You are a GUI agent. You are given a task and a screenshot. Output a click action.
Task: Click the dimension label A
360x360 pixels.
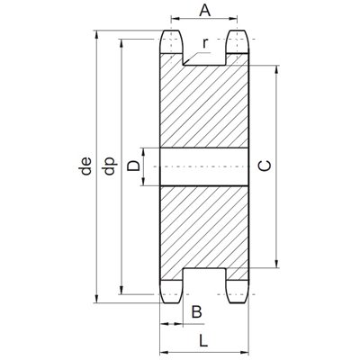205,11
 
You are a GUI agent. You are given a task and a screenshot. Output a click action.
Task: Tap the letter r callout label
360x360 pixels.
205,43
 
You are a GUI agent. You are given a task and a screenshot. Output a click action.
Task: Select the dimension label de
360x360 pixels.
85,166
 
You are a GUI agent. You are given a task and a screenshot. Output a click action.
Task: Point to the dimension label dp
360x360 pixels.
110,166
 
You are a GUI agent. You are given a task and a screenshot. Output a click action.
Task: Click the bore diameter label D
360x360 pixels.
133,166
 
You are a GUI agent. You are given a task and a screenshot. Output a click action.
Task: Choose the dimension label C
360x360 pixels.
265,166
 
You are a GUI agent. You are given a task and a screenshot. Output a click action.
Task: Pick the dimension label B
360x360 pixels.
197,312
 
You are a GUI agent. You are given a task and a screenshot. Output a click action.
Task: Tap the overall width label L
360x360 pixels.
203,341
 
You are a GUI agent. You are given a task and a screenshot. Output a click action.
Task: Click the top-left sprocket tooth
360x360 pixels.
172,41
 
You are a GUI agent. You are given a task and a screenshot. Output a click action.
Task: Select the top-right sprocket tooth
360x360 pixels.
237,41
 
